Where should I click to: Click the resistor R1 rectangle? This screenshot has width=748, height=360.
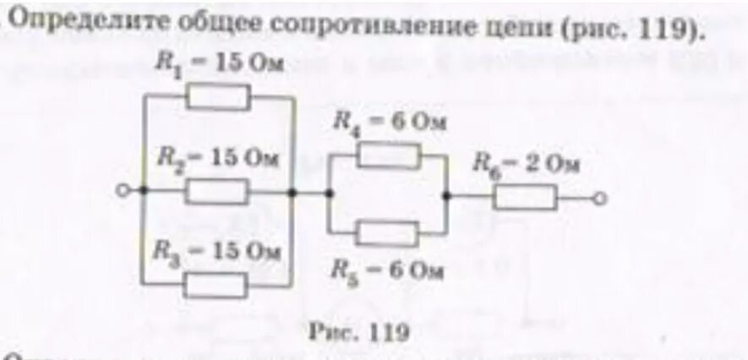tap(218, 99)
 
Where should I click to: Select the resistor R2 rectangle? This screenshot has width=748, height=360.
tap(217, 193)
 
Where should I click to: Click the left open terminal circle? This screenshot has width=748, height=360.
tap(123, 193)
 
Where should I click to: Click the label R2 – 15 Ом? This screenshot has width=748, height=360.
tap(217, 158)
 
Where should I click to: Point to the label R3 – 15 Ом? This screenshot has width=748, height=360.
tap(217, 251)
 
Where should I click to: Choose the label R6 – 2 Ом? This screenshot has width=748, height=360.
tap(527, 164)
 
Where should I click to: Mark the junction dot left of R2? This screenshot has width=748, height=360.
tap(143, 193)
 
